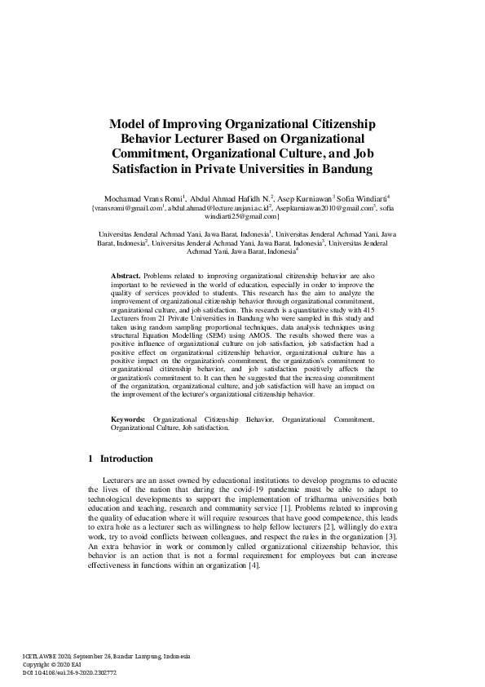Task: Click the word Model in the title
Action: [129, 123]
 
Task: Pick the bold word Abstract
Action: [126, 277]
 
